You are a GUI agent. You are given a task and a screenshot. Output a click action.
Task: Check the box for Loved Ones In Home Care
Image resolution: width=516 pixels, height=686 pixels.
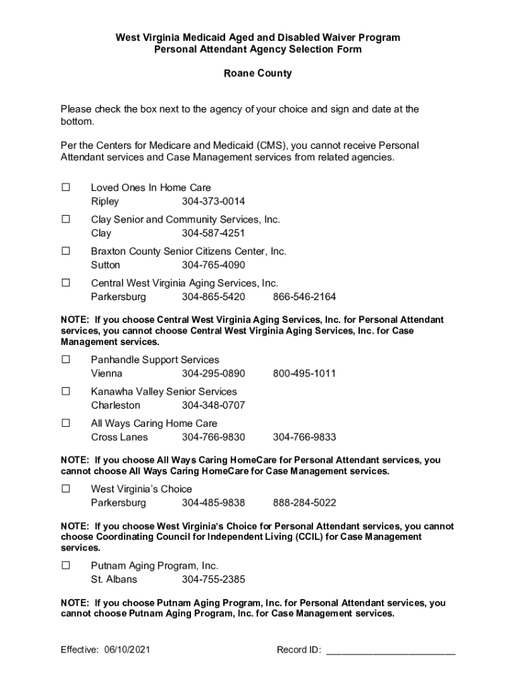(66, 188)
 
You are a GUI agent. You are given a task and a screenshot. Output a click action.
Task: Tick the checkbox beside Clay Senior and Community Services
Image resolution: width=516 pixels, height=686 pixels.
(66, 219)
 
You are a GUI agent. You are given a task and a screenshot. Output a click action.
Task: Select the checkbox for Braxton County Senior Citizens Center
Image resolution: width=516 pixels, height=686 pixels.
(66, 251)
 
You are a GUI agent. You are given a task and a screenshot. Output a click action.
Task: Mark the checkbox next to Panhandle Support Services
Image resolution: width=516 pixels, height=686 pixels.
(66, 360)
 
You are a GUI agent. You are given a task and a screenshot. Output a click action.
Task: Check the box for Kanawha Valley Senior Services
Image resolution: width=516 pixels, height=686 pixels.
(66, 391)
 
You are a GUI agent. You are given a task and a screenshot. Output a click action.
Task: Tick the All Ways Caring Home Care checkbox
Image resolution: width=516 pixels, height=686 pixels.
(66, 423)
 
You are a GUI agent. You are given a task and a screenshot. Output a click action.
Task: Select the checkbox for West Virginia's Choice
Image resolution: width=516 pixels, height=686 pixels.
(66, 489)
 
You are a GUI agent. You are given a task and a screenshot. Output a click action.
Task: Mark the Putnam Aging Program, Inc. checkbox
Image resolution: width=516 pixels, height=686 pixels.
(66, 565)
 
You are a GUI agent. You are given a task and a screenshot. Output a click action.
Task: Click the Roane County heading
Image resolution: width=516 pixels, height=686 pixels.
(257, 74)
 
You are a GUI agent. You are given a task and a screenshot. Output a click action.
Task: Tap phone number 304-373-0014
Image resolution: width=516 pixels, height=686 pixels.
(213, 202)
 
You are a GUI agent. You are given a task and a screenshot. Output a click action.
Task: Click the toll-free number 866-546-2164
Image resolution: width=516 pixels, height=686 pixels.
(304, 297)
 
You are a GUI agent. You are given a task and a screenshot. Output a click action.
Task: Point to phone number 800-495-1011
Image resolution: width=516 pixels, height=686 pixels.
(304, 373)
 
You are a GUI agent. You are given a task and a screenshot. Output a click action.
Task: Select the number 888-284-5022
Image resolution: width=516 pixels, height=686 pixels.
(304, 503)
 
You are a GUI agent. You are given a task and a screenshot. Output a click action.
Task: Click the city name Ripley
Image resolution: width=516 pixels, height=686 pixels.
(105, 202)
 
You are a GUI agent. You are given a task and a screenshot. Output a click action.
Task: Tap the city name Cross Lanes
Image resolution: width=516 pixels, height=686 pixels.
(119, 437)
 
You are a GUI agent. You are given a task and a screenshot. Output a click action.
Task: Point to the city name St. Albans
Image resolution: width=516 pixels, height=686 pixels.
(114, 579)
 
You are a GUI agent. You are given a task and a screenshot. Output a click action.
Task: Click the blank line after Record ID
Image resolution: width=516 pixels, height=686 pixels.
(391, 651)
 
